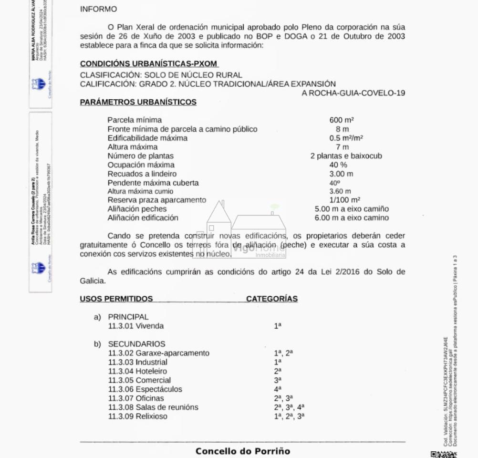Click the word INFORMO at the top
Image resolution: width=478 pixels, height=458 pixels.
tap(98, 9)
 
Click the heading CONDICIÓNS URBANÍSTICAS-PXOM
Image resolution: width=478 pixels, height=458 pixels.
tap(149, 63)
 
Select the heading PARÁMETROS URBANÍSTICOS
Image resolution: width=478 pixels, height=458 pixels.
tap(138, 102)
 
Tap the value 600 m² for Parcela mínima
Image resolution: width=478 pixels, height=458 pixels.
tap(341, 120)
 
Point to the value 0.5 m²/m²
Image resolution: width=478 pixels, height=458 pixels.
tap(346, 138)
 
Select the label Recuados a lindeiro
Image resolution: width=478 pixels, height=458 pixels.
tap(142, 174)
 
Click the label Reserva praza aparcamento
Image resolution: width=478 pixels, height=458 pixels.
tap(156, 200)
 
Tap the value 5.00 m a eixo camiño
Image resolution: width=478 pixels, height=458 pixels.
tap(352, 209)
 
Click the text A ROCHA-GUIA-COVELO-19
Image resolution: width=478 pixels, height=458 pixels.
tap(353, 93)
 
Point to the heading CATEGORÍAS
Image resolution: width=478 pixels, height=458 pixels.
tap(272, 299)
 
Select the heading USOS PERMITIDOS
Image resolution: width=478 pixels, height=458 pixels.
tap(116, 299)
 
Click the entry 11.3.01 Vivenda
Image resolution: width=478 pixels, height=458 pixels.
tap(136, 326)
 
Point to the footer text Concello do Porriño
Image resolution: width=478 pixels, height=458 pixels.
tap(242, 451)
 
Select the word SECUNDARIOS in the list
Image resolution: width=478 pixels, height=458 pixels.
tap(136, 344)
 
